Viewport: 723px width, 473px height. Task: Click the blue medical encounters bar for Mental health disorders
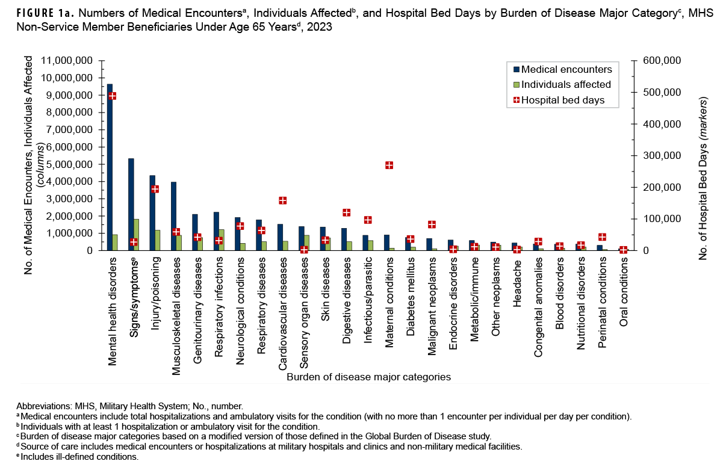[110, 168]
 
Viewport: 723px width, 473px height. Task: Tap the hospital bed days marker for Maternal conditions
[389, 165]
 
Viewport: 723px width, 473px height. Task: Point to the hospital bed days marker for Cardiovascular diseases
[282, 200]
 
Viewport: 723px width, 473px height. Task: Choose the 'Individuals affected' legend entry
[565, 84]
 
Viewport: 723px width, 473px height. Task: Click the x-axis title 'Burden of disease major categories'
[369, 377]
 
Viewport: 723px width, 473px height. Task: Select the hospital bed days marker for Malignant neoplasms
[432, 224]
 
